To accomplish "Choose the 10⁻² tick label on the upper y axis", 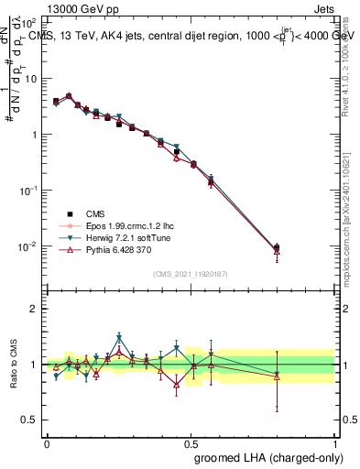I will click(28, 246).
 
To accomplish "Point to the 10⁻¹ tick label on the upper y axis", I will click(28, 191).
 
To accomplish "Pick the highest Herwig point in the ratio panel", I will click(119, 337).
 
